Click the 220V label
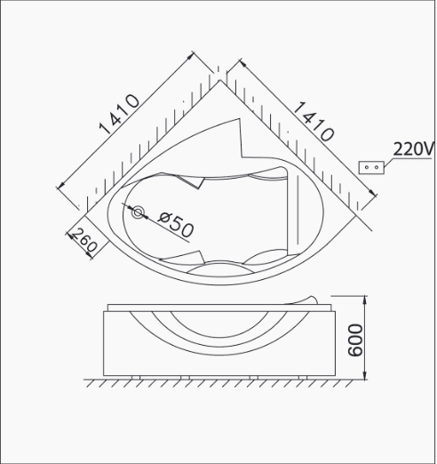click(x=412, y=149)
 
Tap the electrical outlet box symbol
click(x=371, y=167)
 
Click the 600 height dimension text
click(x=355, y=340)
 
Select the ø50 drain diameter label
click(x=176, y=225)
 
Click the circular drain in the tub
click(x=138, y=212)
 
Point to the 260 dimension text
click(x=84, y=240)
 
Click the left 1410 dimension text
click(x=119, y=115)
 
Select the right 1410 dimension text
click(x=314, y=122)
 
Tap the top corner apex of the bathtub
click(x=219, y=80)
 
